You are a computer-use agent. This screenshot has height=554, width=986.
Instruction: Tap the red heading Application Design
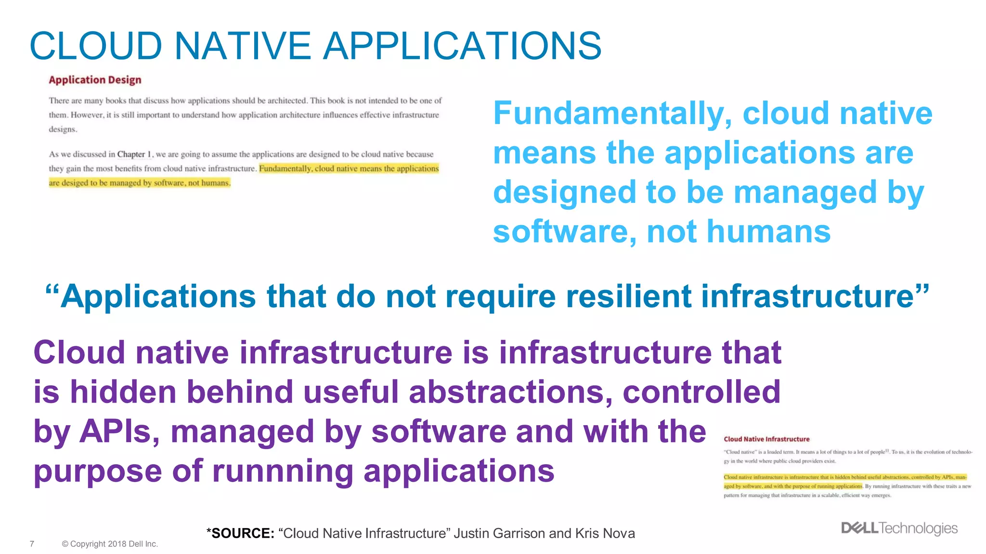95,80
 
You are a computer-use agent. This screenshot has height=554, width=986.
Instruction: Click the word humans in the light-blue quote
739,232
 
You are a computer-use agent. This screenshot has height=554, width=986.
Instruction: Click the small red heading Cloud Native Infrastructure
766,439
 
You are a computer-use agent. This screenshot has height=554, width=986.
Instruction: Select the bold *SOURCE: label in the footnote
240,533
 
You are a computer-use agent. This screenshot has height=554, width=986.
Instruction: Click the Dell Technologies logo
899,528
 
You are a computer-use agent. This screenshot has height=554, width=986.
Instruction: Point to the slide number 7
32,544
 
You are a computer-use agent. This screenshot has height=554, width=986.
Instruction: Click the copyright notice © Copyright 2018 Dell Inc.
110,544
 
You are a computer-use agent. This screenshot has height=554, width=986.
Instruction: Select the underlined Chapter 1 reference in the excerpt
134,154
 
